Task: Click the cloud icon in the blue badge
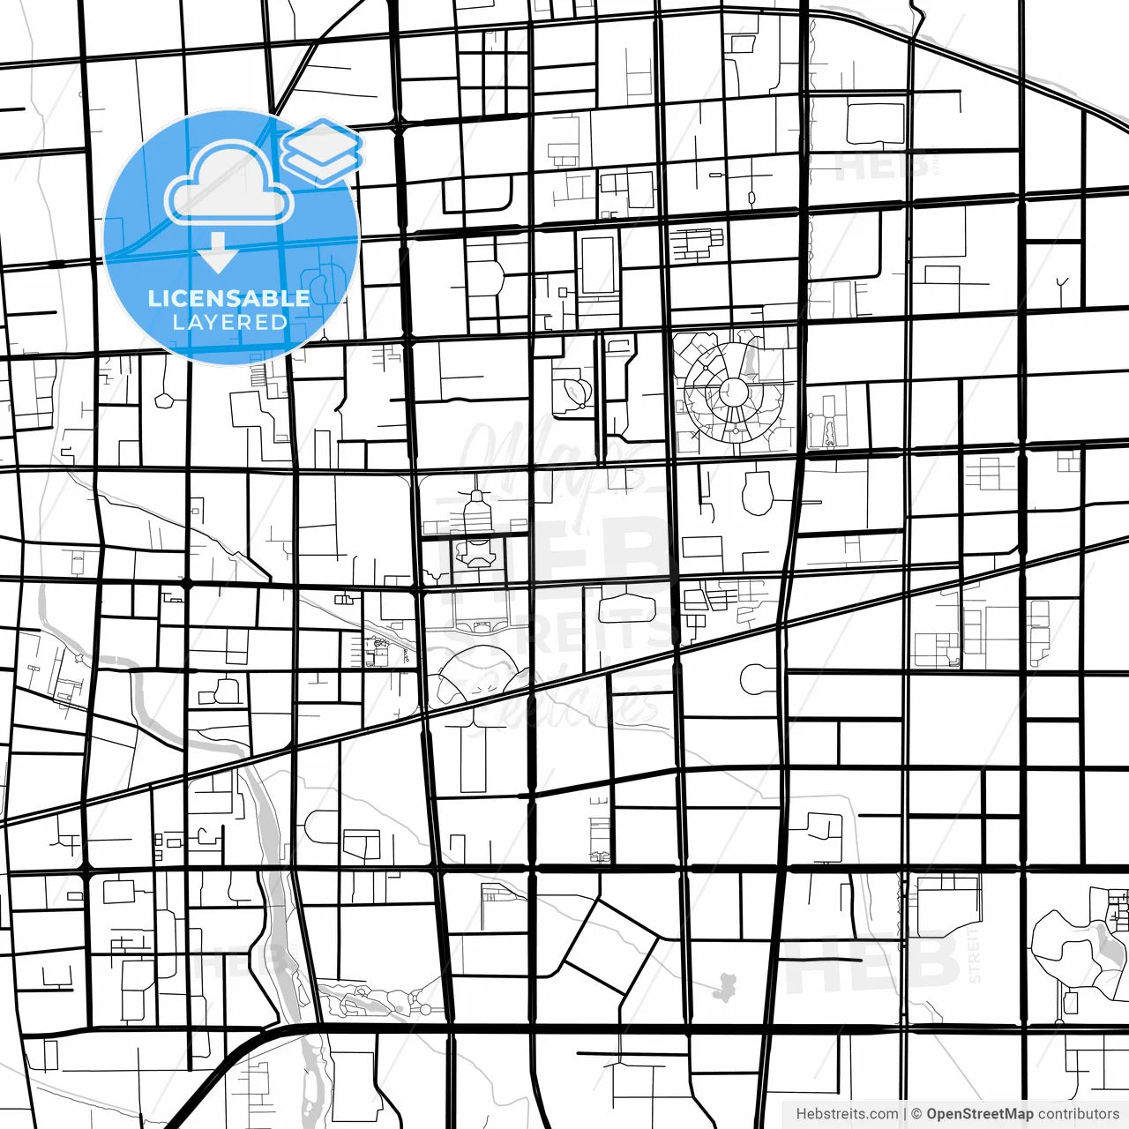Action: coord(229,183)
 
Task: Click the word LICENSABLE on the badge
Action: coord(229,298)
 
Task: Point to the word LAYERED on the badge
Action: coord(230,323)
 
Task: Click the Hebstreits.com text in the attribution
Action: coord(848,1114)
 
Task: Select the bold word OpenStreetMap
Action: coord(979,1114)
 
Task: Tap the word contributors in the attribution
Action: coord(1078,1114)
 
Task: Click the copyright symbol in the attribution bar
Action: coord(916,1114)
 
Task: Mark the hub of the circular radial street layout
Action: coord(732,390)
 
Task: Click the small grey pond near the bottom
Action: coord(725,986)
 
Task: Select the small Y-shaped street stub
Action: coord(1062,286)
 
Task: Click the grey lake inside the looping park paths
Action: coord(1103,944)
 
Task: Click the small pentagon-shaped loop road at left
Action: coord(166,400)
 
